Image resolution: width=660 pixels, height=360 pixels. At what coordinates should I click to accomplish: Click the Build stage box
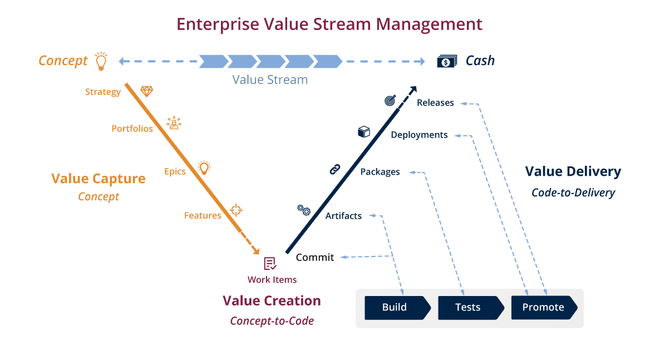pyautogui.click(x=397, y=307)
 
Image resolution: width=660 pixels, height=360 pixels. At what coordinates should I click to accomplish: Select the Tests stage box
pyautogui.click(x=471, y=307)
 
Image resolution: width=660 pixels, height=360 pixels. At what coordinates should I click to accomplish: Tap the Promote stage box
pyautogui.click(x=544, y=307)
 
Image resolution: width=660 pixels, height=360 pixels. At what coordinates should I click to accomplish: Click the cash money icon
pyautogui.click(x=447, y=61)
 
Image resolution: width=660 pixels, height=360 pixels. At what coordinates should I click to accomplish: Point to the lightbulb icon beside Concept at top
pyautogui.click(x=101, y=61)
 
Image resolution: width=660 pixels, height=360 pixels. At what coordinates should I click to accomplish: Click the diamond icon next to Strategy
pyautogui.click(x=146, y=91)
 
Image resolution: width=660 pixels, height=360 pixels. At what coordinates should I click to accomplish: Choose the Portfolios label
pyautogui.click(x=132, y=129)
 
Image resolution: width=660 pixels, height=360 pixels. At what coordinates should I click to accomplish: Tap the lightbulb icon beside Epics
pyautogui.click(x=204, y=167)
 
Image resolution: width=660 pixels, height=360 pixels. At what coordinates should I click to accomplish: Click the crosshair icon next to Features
pyautogui.click(x=236, y=210)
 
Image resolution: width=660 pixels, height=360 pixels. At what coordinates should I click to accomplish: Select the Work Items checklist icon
pyautogui.click(x=270, y=264)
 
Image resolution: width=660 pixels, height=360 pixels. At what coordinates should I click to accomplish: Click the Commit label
pyautogui.click(x=315, y=257)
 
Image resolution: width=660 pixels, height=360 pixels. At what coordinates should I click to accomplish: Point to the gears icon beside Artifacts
pyautogui.click(x=304, y=210)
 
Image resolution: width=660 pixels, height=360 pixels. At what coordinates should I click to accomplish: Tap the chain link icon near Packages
pyautogui.click(x=334, y=169)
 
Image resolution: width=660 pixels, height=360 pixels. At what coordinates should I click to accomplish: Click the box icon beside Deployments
pyautogui.click(x=364, y=132)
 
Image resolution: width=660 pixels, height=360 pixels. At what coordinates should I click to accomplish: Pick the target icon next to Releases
pyautogui.click(x=390, y=100)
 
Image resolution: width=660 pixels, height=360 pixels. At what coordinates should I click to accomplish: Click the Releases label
pyautogui.click(x=435, y=103)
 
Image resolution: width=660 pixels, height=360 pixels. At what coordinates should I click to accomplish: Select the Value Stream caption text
pyautogui.click(x=270, y=80)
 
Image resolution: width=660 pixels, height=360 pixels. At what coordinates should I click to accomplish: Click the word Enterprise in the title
pyautogui.click(x=218, y=24)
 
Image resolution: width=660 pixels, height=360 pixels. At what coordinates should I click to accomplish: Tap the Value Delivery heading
pyautogui.click(x=573, y=171)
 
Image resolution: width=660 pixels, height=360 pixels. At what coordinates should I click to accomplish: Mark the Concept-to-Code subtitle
pyautogui.click(x=272, y=321)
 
